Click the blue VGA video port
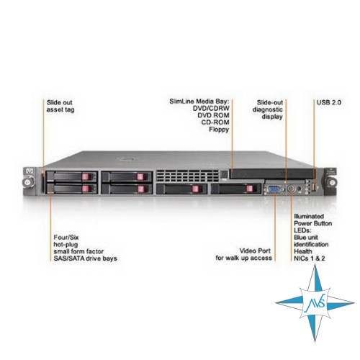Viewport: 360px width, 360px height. click(x=274, y=189)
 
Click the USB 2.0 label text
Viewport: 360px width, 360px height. click(x=329, y=102)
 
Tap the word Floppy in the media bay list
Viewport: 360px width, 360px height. click(x=219, y=130)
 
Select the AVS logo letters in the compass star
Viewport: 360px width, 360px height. click(x=315, y=303)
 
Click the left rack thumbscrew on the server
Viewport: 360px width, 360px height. click(x=29, y=181)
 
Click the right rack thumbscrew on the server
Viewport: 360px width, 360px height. click(x=331, y=182)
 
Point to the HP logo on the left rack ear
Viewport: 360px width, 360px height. click(x=30, y=171)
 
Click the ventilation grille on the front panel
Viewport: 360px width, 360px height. click(x=187, y=176)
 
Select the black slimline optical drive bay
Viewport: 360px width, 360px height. click(x=272, y=174)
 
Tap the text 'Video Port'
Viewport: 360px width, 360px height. click(x=255, y=251)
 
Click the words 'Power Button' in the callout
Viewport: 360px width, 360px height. click(x=313, y=223)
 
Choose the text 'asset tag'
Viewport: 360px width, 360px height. click(x=60, y=109)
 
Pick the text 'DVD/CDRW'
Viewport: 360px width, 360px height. click(x=211, y=109)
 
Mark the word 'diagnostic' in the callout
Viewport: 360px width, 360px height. click(x=268, y=109)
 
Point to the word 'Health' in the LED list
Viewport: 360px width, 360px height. click(x=303, y=251)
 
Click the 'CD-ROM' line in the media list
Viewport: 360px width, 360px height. click(x=215, y=122)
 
